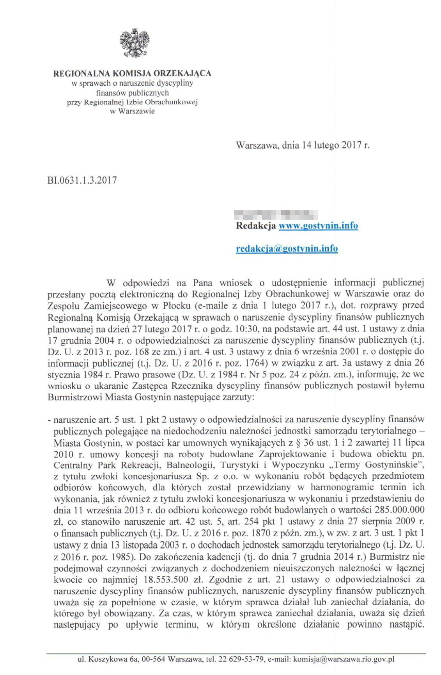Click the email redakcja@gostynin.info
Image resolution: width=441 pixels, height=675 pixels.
pyautogui.click(x=287, y=248)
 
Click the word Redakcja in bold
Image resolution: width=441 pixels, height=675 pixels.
pyautogui.click(x=256, y=226)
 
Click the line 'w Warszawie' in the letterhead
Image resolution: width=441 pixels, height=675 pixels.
pyautogui.click(x=132, y=111)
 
